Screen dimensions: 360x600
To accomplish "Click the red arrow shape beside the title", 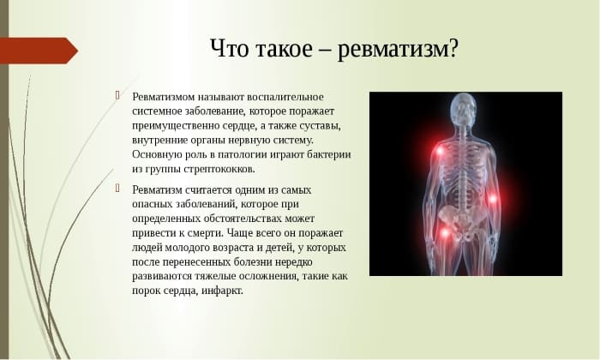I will click(39, 51).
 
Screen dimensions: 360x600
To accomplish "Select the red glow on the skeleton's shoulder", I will click(440, 153).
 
